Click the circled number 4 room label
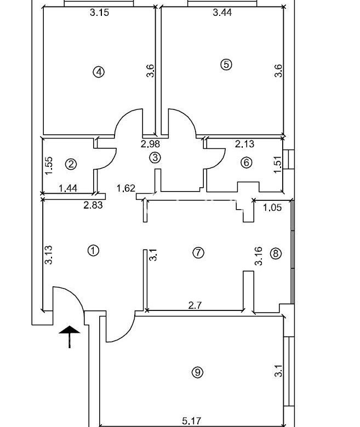[x=99, y=72]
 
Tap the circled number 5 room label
[x=226, y=65]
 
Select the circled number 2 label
[x=71, y=164]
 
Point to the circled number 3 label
[x=155, y=158]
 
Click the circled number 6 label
[x=247, y=163]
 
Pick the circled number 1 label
[x=93, y=250]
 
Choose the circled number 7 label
[x=198, y=253]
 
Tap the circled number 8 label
[x=276, y=253]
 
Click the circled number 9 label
[x=198, y=372]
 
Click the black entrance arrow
[x=70, y=337]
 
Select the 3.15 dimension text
[x=100, y=13]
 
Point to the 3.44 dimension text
[x=222, y=13]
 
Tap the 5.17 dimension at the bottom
[x=192, y=422]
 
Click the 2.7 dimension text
[x=195, y=305]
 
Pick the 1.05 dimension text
[x=272, y=207]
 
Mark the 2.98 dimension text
[x=150, y=143]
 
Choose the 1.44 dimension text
[x=68, y=188]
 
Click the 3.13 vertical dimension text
[x=49, y=255]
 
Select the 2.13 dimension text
[x=245, y=143]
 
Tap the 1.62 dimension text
[x=126, y=188]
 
